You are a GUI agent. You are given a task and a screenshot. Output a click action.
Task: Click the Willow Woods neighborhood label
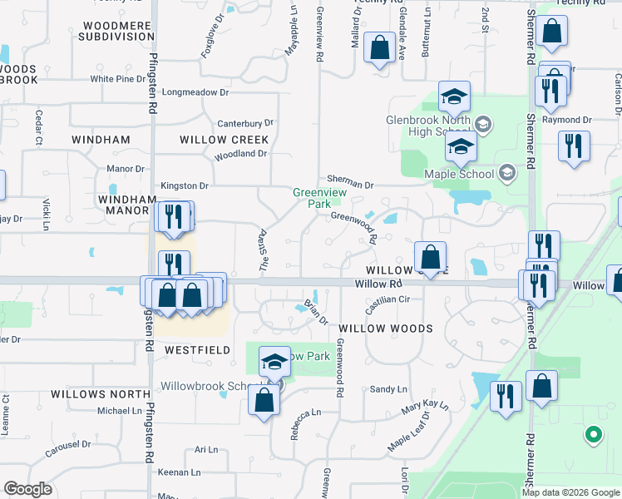[385, 329]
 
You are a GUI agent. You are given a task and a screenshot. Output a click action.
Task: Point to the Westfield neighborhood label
[197, 350]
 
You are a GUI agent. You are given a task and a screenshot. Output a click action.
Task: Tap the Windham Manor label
[127, 206]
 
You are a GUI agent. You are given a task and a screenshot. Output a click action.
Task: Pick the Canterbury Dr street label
[245, 123]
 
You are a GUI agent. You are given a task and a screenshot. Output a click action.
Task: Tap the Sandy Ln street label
[388, 389]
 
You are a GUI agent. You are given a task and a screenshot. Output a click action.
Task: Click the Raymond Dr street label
[566, 120]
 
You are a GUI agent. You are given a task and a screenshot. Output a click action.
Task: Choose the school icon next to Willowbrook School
[274, 362]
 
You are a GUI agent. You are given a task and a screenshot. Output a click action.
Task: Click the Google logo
[28, 489]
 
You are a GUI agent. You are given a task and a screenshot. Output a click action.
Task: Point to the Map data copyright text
[569, 492]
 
